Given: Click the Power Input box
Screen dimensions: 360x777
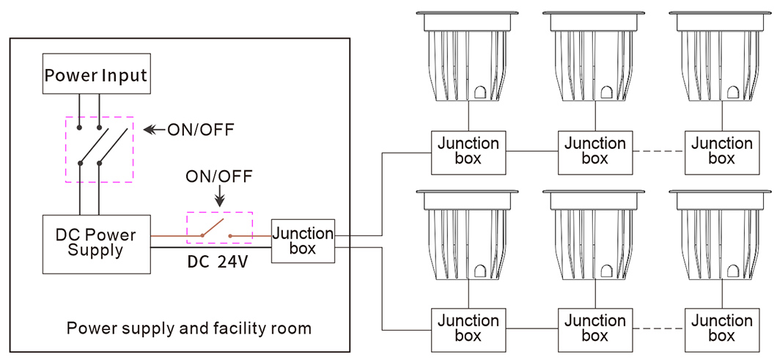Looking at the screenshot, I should point(96,74).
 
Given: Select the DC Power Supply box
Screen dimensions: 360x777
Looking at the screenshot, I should point(96,243).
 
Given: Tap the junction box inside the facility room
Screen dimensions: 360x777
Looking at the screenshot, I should point(303,240).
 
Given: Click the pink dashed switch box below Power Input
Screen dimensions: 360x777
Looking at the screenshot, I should point(100,149).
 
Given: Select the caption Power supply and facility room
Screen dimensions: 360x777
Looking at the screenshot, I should point(189,328).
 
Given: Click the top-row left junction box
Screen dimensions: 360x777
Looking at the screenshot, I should point(468,152).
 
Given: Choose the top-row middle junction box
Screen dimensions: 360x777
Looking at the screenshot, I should point(595,152).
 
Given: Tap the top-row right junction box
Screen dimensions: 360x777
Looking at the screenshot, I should point(722,152).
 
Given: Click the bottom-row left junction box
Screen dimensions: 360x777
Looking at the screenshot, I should point(468,328).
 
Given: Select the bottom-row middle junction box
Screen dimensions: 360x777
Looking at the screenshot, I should point(595,328).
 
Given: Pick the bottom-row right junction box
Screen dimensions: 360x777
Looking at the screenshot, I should point(722,328).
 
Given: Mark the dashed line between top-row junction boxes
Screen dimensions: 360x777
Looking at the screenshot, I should point(658,152).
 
